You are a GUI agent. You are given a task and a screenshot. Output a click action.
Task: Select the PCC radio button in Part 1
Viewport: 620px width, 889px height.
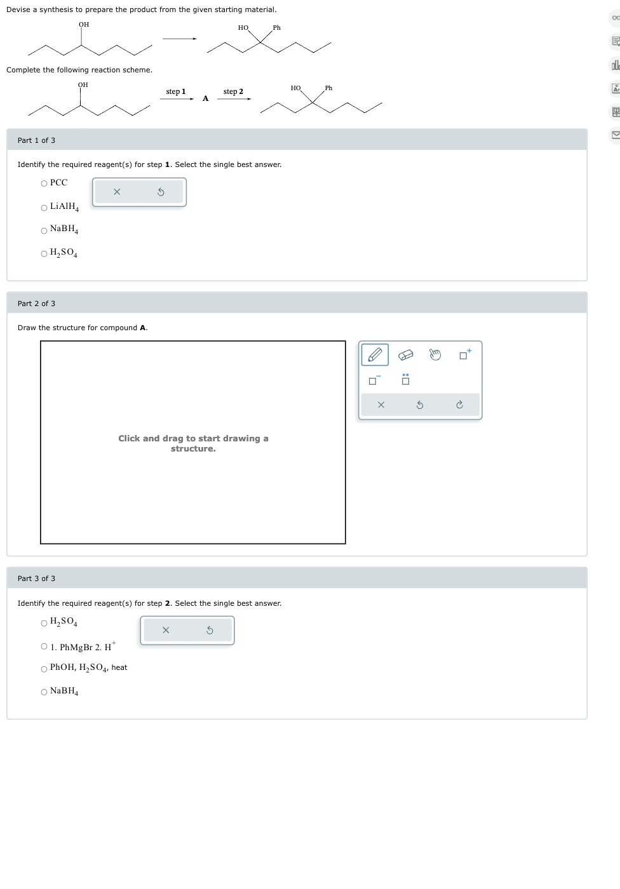click(44, 184)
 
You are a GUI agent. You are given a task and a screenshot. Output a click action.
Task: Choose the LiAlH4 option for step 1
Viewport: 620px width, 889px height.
click(44, 208)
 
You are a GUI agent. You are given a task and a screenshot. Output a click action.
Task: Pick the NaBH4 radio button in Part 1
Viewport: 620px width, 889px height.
click(44, 231)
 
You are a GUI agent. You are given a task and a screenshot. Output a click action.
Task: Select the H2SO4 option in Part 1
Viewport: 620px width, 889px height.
click(44, 254)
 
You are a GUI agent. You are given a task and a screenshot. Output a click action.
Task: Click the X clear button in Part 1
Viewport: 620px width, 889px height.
click(117, 192)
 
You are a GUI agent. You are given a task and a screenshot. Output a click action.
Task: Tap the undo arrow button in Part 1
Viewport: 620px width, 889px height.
click(161, 192)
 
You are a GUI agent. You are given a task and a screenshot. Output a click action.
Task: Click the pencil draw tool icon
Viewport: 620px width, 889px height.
click(375, 354)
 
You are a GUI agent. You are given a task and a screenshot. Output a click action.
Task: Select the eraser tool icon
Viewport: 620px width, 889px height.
click(405, 354)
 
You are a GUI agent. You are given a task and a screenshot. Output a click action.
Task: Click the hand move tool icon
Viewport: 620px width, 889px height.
click(435, 354)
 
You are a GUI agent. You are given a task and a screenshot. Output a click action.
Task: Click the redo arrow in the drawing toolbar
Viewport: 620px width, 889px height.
click(459, 404)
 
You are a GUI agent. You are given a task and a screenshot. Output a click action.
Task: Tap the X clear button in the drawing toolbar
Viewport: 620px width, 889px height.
click(381, 404)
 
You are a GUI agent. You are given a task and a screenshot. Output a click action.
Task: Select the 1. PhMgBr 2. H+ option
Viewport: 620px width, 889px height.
click(44, 646)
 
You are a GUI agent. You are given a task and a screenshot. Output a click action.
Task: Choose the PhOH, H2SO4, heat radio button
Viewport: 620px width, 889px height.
click(44, 669)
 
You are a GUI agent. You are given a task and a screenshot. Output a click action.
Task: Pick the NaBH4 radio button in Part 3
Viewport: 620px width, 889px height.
click(44, 692)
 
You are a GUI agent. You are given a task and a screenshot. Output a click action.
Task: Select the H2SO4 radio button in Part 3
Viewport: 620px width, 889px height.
click(44, 624)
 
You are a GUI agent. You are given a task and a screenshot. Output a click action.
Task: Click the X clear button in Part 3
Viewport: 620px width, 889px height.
click(166, 630)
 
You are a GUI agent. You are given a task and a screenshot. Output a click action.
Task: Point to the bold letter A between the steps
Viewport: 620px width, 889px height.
click(205, 98)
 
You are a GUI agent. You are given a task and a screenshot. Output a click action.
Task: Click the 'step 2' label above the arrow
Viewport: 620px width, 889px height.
click(233, 91)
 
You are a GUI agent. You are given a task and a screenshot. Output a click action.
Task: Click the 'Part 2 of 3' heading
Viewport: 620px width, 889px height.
click(36, 304)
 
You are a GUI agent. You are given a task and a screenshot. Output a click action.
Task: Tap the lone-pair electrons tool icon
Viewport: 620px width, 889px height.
click(405, 380)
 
